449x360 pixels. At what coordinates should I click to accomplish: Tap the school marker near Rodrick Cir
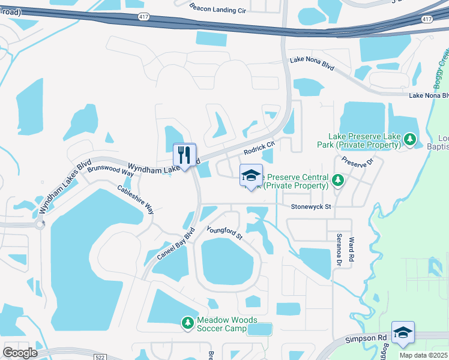[x=251, y=176]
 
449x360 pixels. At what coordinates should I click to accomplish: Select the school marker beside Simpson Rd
[x=403, y=334]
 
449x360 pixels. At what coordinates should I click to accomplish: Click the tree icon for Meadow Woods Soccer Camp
[x=188, y=323]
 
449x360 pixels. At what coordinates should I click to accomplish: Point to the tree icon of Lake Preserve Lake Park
[x=410, y=140]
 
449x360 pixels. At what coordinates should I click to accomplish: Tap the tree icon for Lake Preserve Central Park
[x=337, y=180]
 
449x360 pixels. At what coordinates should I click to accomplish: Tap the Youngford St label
[x=224, y=233]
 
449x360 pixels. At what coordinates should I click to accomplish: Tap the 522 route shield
[x=100, y=356]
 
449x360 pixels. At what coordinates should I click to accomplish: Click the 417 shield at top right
[x=427, y=19]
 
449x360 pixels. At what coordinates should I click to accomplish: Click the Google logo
[x=20, y=353]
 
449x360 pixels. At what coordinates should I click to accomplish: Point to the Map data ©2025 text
[x=424, y=355]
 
